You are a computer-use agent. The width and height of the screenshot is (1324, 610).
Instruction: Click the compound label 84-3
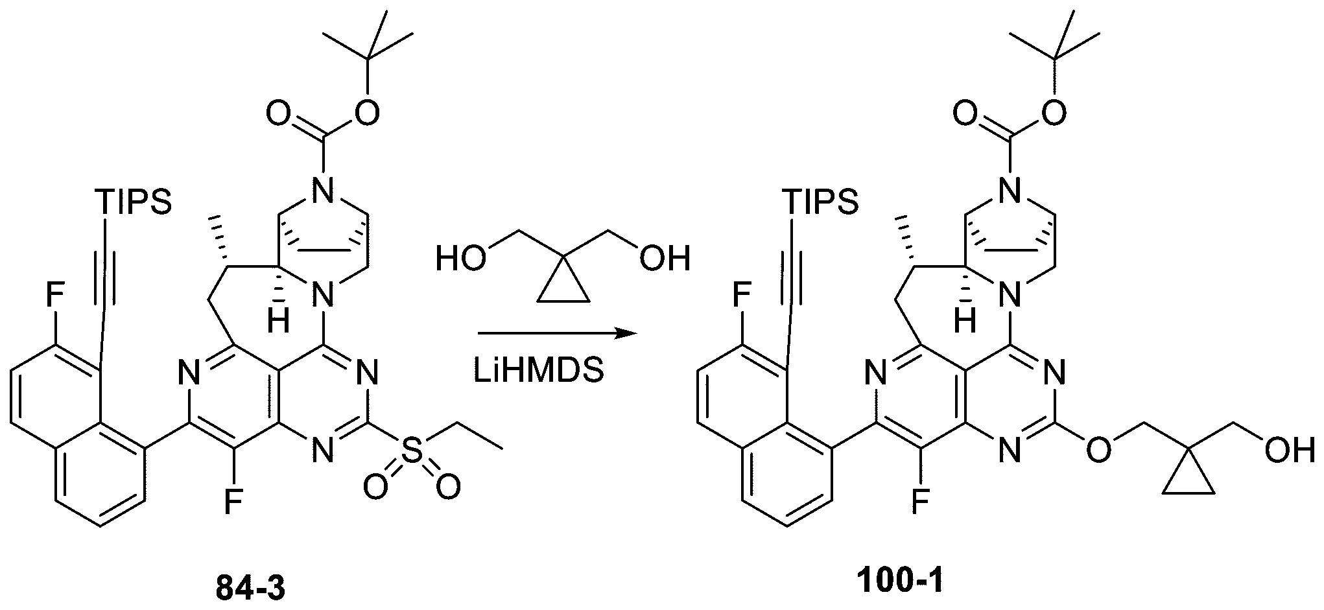[250, 590]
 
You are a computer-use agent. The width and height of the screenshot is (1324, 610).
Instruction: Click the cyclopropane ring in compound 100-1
[1187, 477]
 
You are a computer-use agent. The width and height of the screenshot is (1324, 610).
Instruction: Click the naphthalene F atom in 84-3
[54, 299]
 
